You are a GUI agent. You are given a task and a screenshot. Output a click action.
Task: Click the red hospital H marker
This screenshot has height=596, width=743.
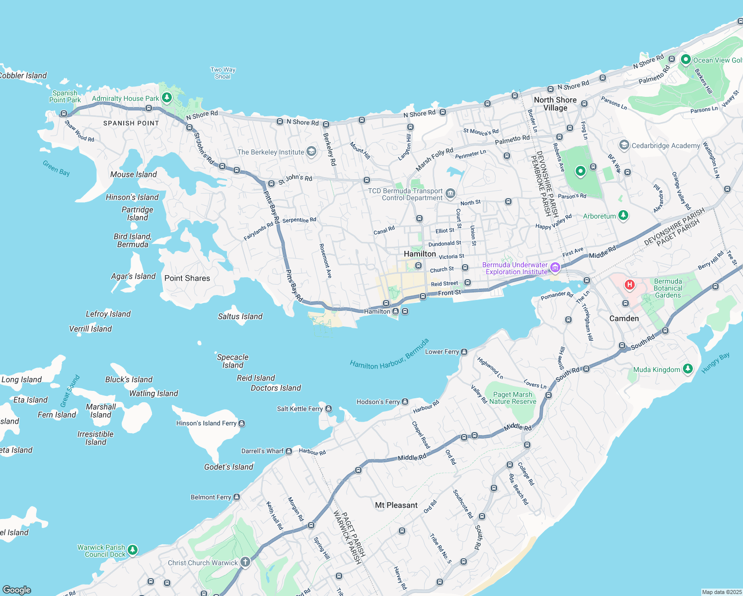[x=630, y=285]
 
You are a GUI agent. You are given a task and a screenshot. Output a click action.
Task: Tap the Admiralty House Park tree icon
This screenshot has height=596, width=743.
[x=167, y=97]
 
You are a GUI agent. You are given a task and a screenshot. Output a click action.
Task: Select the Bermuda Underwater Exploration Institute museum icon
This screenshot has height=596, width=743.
[x=555, y=268]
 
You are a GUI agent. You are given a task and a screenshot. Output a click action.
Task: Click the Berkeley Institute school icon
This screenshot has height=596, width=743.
[x=311, y=151]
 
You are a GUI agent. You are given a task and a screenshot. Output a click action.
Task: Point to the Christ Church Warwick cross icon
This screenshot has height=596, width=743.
[x=245, y=562]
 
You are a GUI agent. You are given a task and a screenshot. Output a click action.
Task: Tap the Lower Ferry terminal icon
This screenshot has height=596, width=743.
[x=464, y=352]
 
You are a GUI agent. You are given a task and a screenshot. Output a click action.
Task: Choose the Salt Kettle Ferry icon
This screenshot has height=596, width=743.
[x=328, y=409]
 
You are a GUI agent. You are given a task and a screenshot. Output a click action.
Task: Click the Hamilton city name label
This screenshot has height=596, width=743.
[x=420, y=254]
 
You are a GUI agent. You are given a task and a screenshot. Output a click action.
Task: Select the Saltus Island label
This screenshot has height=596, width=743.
[x=240, y=316]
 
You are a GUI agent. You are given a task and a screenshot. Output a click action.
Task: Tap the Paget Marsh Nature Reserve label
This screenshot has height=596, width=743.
[x=513, y=398]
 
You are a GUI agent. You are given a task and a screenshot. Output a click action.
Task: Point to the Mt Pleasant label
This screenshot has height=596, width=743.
[x=396, y=505]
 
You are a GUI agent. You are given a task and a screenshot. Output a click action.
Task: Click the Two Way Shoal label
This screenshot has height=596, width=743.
[x=223, y=73]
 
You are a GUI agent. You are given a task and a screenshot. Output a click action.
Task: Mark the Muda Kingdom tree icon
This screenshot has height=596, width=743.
[x=687, y=369]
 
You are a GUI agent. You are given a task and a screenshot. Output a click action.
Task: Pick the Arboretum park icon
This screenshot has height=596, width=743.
[x=623, y=216]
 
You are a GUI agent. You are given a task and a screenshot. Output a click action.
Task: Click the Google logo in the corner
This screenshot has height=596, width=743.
[x=17, y=590]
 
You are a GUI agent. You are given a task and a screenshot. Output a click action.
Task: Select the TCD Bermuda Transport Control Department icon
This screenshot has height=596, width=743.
[x=450, y=194]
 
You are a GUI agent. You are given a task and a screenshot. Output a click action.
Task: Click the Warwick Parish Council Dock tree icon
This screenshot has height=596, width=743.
[x=132, y=550]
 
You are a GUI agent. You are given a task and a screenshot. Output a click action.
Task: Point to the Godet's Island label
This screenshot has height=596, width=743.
[x=228, y=467]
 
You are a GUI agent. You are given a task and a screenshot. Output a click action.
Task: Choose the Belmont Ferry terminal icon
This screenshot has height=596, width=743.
[x=237, y=497]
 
